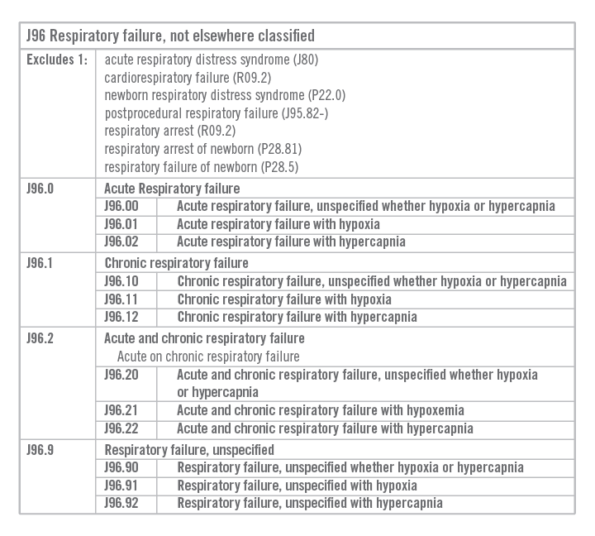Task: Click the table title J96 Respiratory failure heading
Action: (170, 36)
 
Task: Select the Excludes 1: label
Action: (57, 60)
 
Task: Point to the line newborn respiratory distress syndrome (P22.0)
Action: (213, 96)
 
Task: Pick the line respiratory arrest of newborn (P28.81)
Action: (202, 149)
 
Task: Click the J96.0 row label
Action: (40, 189)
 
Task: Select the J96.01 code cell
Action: (121, 224)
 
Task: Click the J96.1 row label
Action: (40, 263)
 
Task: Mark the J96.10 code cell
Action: (121, 281)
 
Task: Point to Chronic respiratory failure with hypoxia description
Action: (284, 299)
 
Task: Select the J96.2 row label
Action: (40, 338)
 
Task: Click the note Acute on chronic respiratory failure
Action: (208, 357)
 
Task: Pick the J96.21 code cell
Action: (121, 410)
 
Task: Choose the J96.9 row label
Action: (40, 450)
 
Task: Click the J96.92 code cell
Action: (121, 503)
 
